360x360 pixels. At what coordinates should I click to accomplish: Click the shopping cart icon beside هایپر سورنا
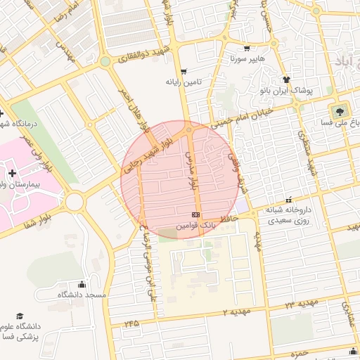tap(247, 49)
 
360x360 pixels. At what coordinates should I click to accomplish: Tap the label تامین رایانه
tap(184, 82)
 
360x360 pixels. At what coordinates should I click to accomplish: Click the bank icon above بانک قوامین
tap(195, 214)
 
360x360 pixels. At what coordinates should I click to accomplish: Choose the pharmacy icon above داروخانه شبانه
tap(288, 200)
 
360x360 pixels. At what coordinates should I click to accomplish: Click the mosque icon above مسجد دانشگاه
tap(82, 284)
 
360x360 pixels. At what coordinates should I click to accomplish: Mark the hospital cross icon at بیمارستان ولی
tap(12, 172)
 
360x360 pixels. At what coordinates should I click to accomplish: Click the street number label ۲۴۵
tap(130, 324)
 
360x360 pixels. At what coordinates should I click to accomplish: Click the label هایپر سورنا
tap(247, 59)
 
